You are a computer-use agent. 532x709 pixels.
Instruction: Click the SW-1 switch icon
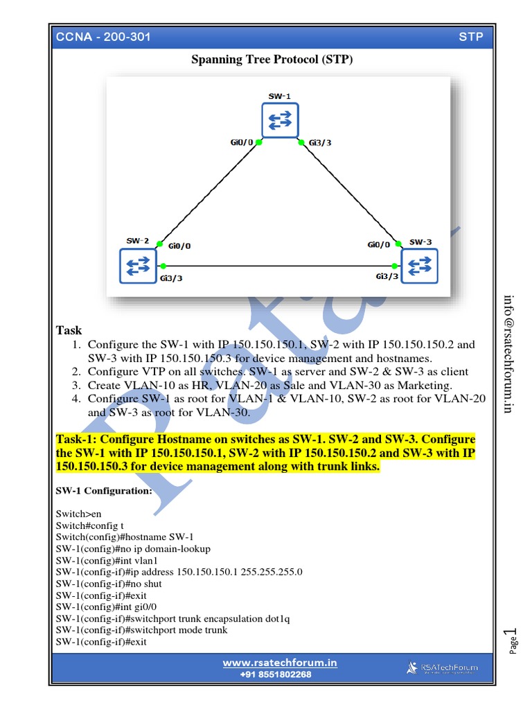point(280,120)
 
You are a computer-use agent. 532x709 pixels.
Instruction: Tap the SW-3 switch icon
point(420,266)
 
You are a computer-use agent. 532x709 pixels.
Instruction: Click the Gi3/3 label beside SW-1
point(320,143)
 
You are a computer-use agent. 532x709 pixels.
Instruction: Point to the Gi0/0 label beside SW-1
point(241,143)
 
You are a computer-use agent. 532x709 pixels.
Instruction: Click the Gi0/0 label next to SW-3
point(378,245)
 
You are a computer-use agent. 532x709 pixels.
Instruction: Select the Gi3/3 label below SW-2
point(171,278)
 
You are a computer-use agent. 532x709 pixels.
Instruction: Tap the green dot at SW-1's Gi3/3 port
point(301,143)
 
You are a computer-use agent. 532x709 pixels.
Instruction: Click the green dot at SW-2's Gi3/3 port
point(163,266)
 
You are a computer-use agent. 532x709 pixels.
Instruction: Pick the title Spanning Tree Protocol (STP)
point(272,60)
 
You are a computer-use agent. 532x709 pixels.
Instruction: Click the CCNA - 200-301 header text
point(104,37)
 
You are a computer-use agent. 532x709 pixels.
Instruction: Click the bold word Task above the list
point(69,331)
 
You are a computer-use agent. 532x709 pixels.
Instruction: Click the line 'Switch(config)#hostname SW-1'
point(125,537)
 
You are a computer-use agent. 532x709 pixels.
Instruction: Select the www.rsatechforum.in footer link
point(280,663)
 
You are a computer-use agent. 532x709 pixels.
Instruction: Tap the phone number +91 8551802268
point(276,674)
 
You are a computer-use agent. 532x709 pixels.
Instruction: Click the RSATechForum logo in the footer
point(441,668)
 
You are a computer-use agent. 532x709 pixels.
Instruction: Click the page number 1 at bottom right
point(514,634)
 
